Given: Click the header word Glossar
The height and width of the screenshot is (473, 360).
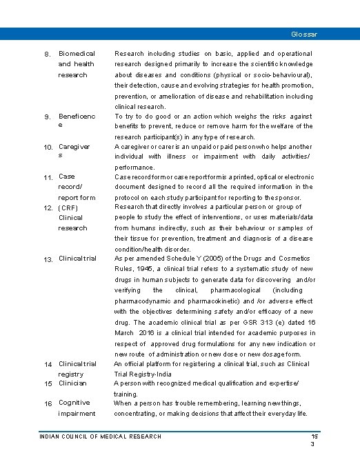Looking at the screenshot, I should point(304,34).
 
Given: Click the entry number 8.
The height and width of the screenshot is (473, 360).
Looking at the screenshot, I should point(47,54).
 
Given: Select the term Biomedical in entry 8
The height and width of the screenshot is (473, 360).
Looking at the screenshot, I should point(77,53).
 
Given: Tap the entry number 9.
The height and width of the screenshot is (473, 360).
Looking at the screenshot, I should point(47,117).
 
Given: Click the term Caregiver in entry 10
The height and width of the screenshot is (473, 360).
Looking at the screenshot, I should point(74,147).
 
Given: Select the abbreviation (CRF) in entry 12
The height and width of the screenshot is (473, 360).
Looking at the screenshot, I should point(70,207).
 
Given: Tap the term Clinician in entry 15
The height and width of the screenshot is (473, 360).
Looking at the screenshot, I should point(73,383).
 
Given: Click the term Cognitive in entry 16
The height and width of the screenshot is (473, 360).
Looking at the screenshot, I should point(74,403).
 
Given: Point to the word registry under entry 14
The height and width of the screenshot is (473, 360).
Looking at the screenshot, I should point(71,373).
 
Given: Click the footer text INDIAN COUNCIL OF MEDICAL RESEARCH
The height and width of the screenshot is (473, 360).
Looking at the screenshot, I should point(101,436).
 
